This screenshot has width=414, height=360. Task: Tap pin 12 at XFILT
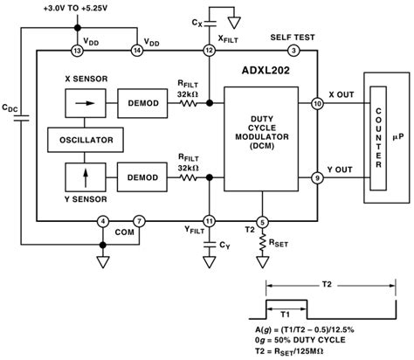[x=209, y=52]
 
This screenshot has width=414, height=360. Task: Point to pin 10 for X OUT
[x=316, y=104]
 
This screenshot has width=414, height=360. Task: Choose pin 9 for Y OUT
[x=316, y=179]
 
